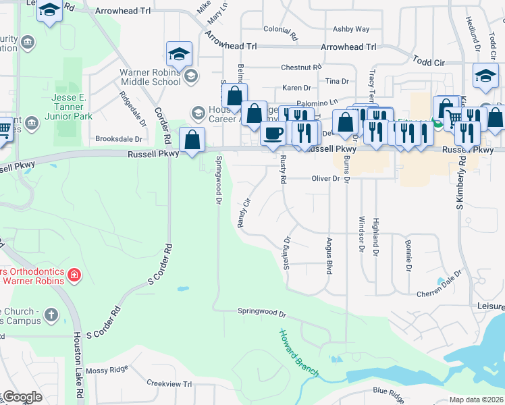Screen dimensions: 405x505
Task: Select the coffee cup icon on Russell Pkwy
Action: click(273, 134)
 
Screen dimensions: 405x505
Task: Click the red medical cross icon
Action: click(74, 275)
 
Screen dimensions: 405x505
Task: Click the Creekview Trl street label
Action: click(169, 383)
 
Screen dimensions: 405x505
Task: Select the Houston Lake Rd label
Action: click(78, 364)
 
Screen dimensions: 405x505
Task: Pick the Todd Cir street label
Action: click(429, 61)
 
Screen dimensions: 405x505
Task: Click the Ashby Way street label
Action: click(351, 29)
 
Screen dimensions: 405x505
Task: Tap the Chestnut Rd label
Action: click(300, 67)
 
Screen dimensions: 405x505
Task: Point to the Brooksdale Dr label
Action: click(119, 138)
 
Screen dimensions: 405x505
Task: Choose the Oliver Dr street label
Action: click(325, 179)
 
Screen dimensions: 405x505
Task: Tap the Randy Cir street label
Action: click(244, 212)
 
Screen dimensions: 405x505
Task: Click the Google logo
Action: click(22, 397)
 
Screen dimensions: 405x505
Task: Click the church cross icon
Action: click(51, 314)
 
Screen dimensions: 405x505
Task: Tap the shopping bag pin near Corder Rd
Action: click(192, 140)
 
